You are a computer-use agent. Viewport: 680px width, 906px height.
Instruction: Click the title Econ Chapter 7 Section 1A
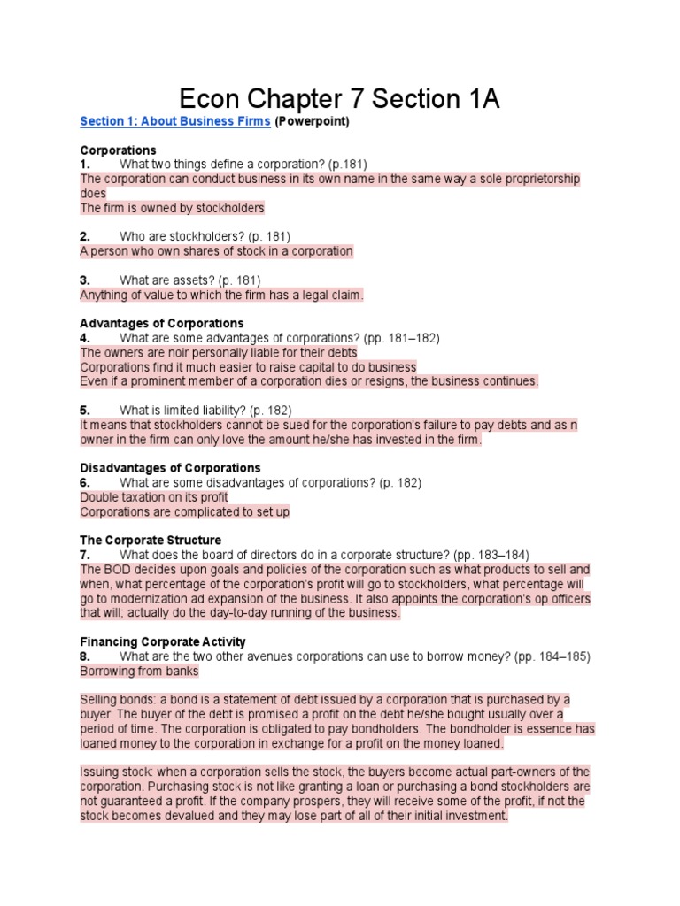pos(339,98)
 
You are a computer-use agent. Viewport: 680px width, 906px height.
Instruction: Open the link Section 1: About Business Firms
pos(174,121)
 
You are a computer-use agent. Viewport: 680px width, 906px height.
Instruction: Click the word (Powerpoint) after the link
pos(312,121)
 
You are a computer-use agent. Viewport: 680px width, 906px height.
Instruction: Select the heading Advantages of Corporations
pos(161,323)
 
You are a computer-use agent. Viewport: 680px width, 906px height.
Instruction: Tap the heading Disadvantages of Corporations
pos(170,467)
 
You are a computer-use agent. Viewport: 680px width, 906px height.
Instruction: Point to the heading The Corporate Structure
pos(151,540)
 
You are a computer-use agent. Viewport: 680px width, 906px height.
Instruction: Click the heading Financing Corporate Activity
pos(162,641)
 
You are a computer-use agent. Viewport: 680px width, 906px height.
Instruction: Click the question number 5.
pos(85,410)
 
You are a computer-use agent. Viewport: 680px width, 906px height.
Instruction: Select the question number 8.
pos(85,656)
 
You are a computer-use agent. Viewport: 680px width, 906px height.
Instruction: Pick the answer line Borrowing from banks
pos(139,672)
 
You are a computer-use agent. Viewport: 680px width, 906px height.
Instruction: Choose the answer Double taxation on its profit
pos(154,497)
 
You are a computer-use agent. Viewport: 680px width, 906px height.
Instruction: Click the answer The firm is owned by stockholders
pos(172,208)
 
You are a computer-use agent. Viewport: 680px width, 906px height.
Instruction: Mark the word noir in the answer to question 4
pos(166,352)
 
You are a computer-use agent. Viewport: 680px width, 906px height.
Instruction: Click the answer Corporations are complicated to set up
pos(184,511)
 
